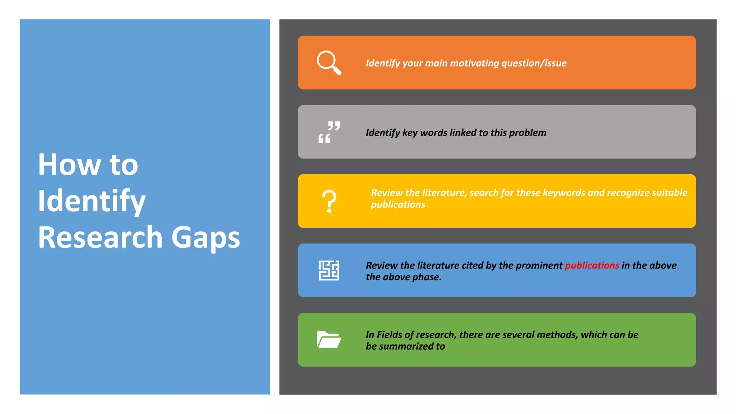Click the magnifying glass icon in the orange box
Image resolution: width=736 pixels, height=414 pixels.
pos(328,63)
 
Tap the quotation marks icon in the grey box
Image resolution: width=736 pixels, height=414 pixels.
pos(329,132)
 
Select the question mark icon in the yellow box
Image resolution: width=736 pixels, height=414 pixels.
pos(329,201)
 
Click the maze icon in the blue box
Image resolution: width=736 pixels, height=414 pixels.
pos(329,270)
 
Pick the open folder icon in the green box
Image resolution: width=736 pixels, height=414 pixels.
pos(328,340)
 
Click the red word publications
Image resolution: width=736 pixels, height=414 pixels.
pos(592,266)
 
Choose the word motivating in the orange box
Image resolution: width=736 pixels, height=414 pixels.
pos(474,63)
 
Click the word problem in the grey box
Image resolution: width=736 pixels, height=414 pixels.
pos(528,133)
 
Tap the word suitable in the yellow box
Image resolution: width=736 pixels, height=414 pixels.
pos(669,193)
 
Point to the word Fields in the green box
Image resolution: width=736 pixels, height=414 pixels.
pos(389,335)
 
